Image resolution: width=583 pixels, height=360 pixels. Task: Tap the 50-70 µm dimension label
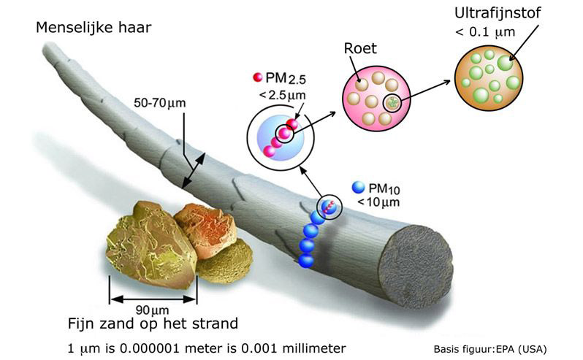(x=156, y=103)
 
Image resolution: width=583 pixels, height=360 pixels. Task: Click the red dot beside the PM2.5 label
(x=257, y=78)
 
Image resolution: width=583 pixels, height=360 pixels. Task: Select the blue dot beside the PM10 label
(x=358, y=187)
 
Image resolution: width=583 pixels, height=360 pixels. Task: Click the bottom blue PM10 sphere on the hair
(x=306, y=260)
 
